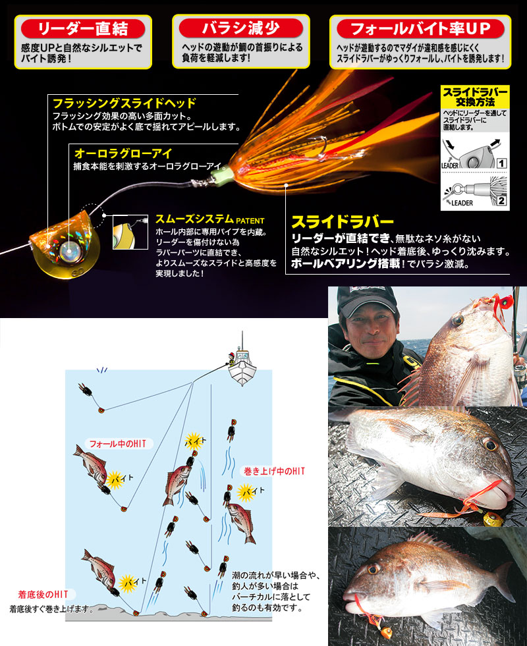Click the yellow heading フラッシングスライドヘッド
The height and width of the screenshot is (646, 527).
(124, 103)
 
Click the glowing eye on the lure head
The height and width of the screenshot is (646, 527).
(69, 249)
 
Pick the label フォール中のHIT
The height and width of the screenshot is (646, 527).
(117, 443)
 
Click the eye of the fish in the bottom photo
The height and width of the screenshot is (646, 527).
(375, 568)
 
